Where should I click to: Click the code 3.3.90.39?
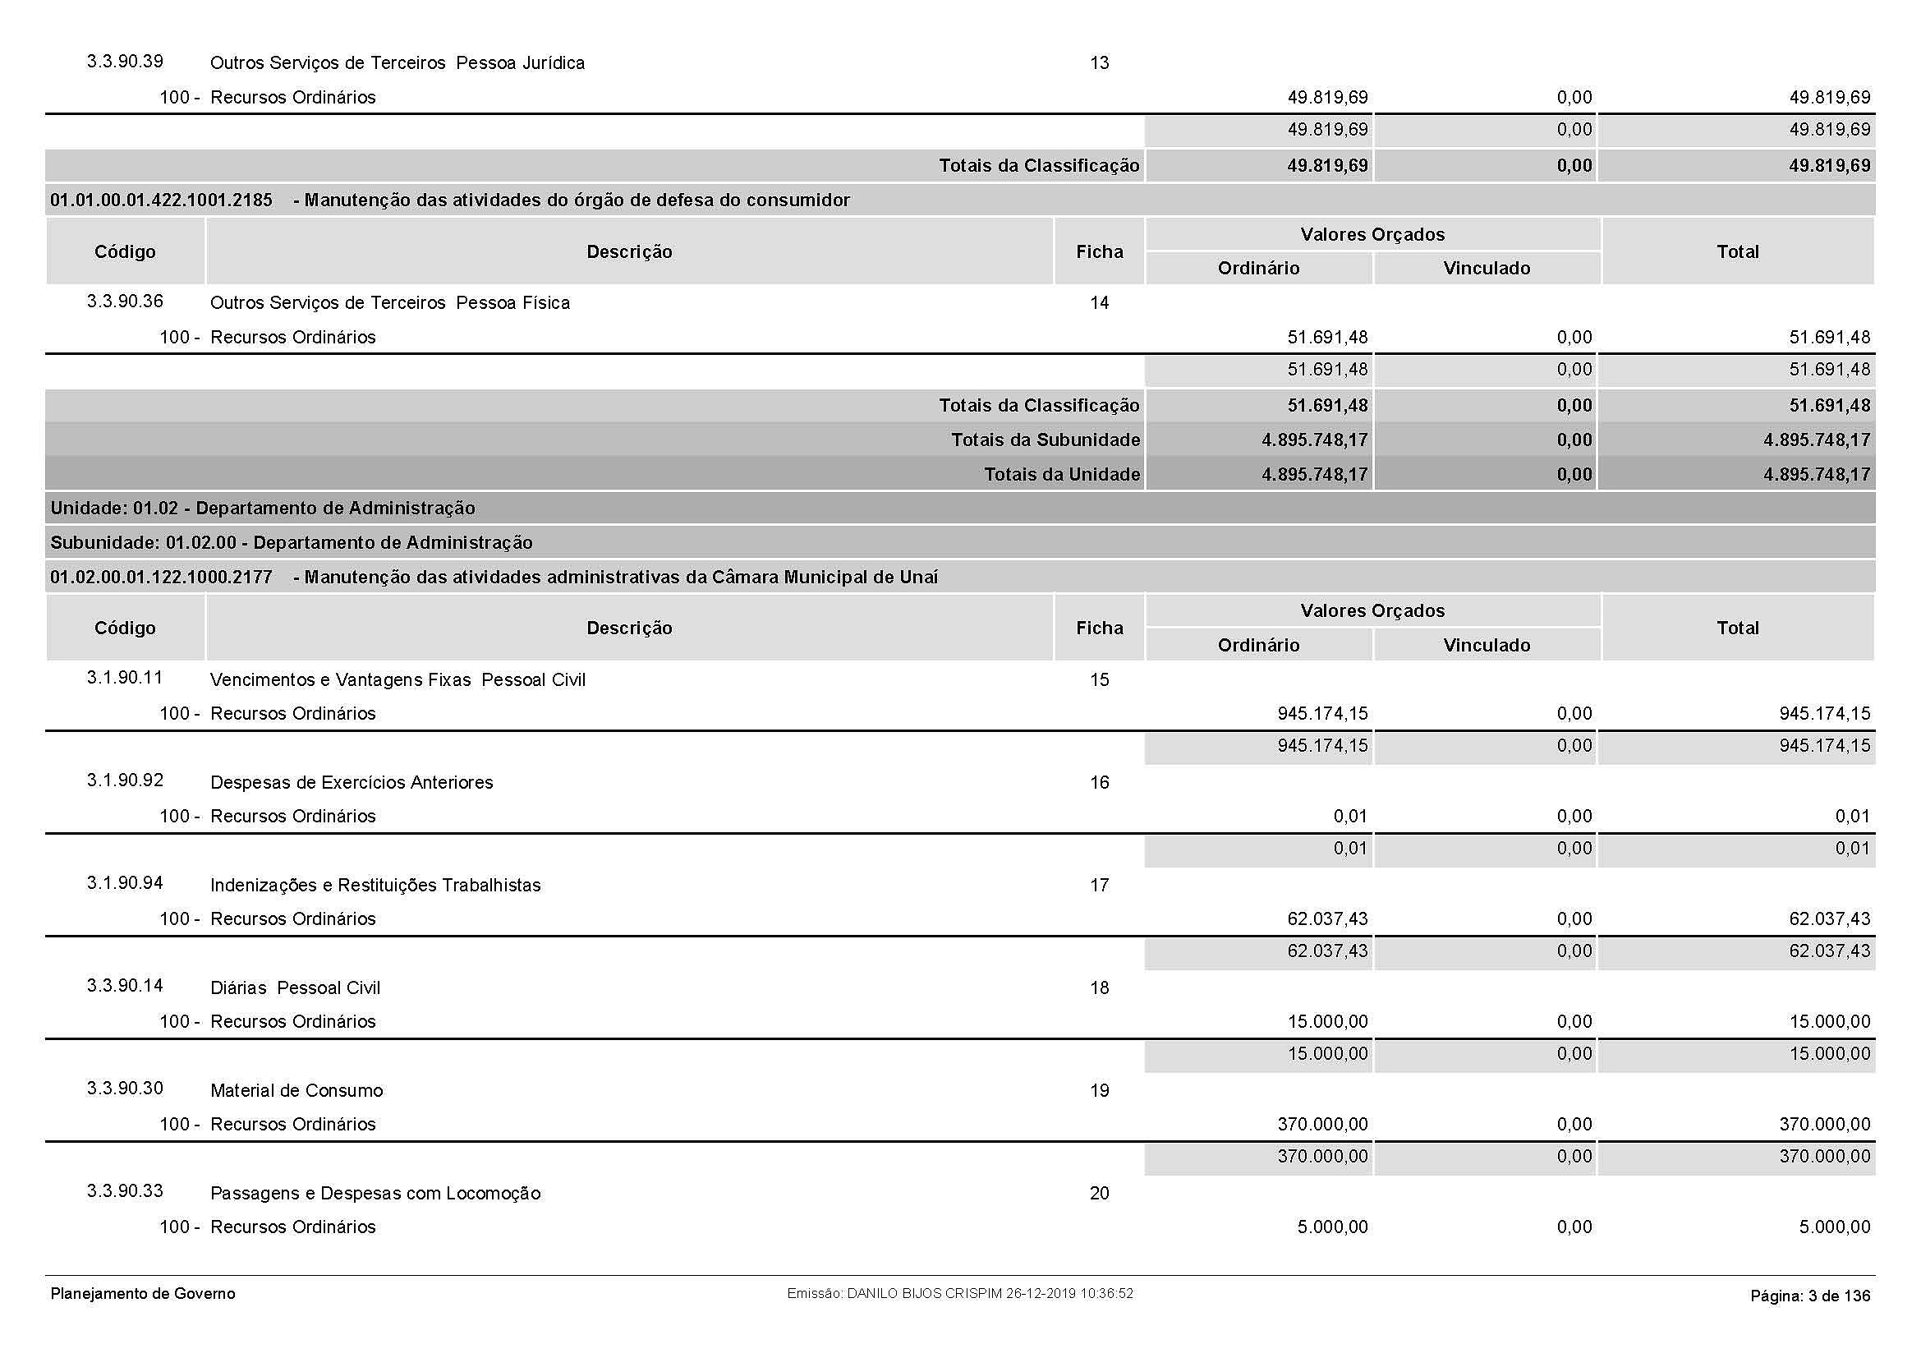tap(125, 62)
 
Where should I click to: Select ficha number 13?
tap(1099, 62)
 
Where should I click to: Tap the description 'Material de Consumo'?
tap(296, 1090)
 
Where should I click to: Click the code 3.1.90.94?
tap(125, 884)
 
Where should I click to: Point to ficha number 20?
tap(1099, 1193)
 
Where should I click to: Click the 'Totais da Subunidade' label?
tap(1045, 440)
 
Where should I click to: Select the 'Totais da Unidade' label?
tap(1061, 474)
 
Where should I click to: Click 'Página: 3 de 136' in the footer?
tap(1810, 1296)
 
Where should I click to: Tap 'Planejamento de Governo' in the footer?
tap(143, 1294)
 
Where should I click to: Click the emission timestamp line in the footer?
tap(959, 1294)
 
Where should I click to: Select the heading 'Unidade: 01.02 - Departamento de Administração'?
tap(263, 508)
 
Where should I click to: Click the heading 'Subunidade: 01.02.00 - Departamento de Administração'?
tap(292, 542)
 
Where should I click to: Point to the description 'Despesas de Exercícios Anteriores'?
tap(352, 782)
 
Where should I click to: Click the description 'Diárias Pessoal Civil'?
tap(295, 987)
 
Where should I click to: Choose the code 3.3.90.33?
tap(125, 1191)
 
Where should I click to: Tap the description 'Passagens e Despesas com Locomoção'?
tap(375, 1193)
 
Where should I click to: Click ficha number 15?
tap(1099, 679)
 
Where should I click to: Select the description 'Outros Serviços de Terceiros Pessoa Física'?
tap(390, 303)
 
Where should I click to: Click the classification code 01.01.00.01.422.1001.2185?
tap(162, 200)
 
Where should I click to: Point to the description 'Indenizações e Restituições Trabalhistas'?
tap(375, 886)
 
